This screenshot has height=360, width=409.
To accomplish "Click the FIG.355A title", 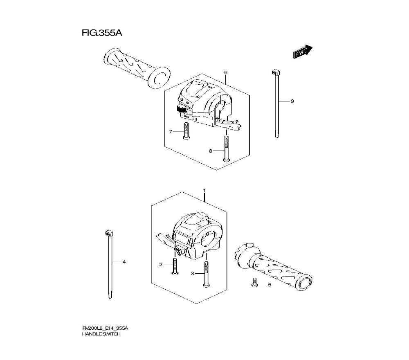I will (102, 33).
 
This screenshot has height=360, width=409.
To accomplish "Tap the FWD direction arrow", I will (303, 52).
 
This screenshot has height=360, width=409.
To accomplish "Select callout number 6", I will (225, 72).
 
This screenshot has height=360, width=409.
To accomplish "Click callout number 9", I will (292, 101).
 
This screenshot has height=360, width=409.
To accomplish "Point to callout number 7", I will (171, 132).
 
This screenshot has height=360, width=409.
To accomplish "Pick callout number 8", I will (211, 151).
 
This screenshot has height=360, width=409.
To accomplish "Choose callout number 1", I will (204, 191).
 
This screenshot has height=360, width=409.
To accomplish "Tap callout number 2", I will (161, 265).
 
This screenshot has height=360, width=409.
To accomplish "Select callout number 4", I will (124, 262).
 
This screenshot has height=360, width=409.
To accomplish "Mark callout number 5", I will (269, 285).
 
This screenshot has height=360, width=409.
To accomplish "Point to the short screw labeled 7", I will (185, 132).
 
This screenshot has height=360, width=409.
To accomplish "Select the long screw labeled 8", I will (225, 149).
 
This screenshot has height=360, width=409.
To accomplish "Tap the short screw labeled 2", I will (175, 267).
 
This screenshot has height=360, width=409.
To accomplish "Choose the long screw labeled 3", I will (206, 274).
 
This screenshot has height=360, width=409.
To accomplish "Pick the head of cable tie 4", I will (108, 233).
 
